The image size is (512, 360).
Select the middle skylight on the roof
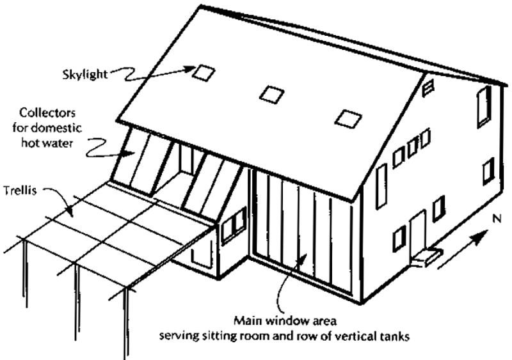pos(271,93)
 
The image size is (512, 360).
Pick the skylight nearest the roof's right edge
pos(348,117)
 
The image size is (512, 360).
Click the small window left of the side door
pos(399,237)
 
